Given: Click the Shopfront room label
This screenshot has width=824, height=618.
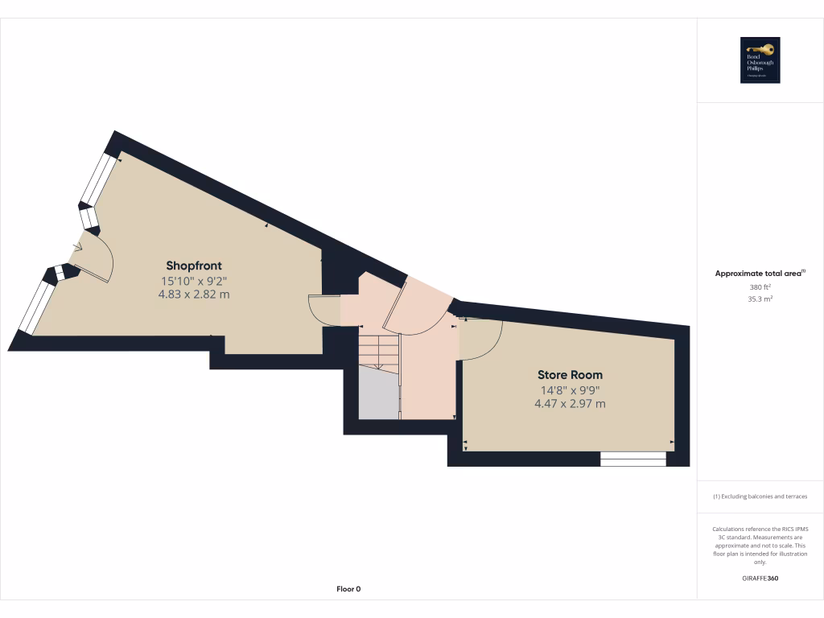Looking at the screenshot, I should click(x=194, y=266).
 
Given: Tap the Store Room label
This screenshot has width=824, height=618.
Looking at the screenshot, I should click(x=570, y=375).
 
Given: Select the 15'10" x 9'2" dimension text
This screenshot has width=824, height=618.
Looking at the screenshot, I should click(x=194, y=281).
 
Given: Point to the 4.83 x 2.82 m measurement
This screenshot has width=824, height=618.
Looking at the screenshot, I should click(x=194, y=295).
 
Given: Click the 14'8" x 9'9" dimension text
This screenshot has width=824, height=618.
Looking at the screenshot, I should click(x=570, y=390).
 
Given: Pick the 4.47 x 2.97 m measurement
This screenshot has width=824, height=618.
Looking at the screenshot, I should click(x=570, y=404).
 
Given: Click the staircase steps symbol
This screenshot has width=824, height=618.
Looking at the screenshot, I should click(x=378, y=351).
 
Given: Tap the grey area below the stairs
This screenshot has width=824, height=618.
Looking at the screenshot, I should click(x=378, y=393).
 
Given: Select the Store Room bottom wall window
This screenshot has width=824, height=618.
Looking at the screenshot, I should click(x=633, y=459).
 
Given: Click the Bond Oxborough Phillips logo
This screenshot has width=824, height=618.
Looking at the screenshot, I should click(x=760, y=60).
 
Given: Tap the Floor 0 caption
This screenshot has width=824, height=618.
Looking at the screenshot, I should click(x=348, y=589).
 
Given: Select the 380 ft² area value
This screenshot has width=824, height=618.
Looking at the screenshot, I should click(x=760, y=286).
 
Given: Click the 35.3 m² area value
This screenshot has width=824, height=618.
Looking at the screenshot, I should click(x=760, y=299).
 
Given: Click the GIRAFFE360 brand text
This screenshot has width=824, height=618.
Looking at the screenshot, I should click(x=760, y=578).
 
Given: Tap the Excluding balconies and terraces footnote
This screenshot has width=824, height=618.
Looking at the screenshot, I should click(x=760, y=496).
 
